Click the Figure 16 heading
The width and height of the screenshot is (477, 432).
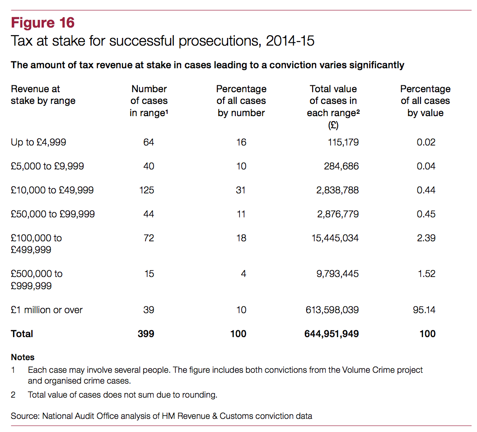pyautogui.click(x=43, y=23)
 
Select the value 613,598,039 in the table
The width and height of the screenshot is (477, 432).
pyautogui.click(x=332, y=310)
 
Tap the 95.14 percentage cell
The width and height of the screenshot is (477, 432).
pyautogui.click(x=425, y=310)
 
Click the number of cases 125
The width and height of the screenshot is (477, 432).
pyautogui.click(x=146, y=190)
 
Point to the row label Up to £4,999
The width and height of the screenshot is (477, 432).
pyautogui.click(x=38, y=142)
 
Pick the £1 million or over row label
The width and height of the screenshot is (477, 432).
pyautogui.click(x=47, y=310)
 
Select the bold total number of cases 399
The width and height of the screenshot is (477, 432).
pyautogui.click(x=146, y=334)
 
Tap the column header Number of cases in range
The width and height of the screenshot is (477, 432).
pyautogui.click(x=149, y=101)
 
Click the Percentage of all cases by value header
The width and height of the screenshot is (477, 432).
pyautogui.click(x=425, y=101)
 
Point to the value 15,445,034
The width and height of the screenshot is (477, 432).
pyautogui.click(x=334, y=238)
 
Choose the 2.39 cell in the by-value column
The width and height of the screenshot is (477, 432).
pyautogui.click(x=426, y=238)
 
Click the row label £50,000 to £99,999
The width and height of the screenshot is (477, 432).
pyautogui.click(x=53, y=214)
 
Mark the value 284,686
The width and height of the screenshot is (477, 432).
pyautogui.click(x=341, y=166)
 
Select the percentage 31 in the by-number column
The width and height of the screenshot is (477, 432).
pyautogui.click(x=241, y=190)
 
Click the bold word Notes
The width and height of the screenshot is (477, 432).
pyautogui.click(x=23, y=357)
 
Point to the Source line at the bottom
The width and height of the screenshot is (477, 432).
pyautogui.click(x=161, y=416)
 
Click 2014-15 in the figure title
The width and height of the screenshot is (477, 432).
pyautogui.click(x=290, y=41)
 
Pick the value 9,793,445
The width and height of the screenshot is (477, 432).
pyautogui.click(x=337, y=274)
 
